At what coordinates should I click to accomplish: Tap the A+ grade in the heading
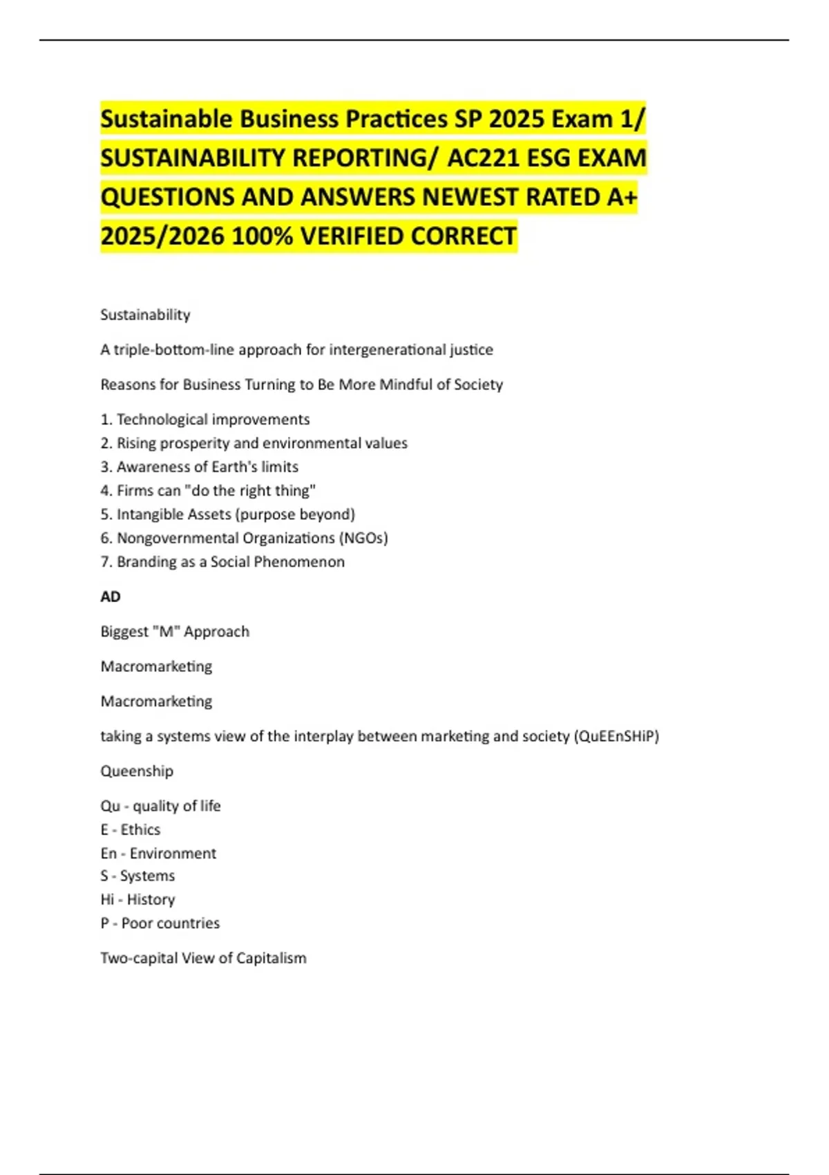(622, 198)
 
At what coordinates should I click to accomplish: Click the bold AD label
(111, 596)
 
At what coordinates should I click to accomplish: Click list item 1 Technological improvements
(205, 420)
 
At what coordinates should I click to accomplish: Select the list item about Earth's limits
(200, 467)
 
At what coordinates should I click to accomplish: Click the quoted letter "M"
(166, 632)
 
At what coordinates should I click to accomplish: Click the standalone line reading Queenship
(137, 771)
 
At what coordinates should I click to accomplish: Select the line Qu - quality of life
(160, 806)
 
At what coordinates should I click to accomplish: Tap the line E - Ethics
(131, 829)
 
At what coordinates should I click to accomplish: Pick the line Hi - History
(137, 899)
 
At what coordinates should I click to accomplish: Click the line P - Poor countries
(160, 923)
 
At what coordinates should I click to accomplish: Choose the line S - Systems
(137, 876)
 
